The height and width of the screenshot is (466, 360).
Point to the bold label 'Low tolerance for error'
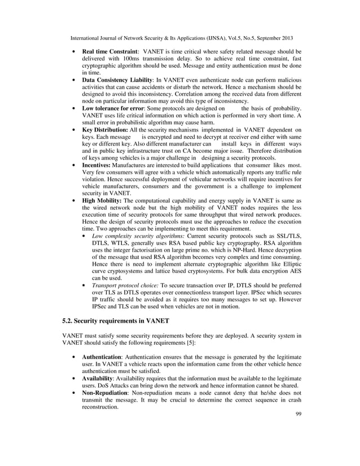(115, 108)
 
